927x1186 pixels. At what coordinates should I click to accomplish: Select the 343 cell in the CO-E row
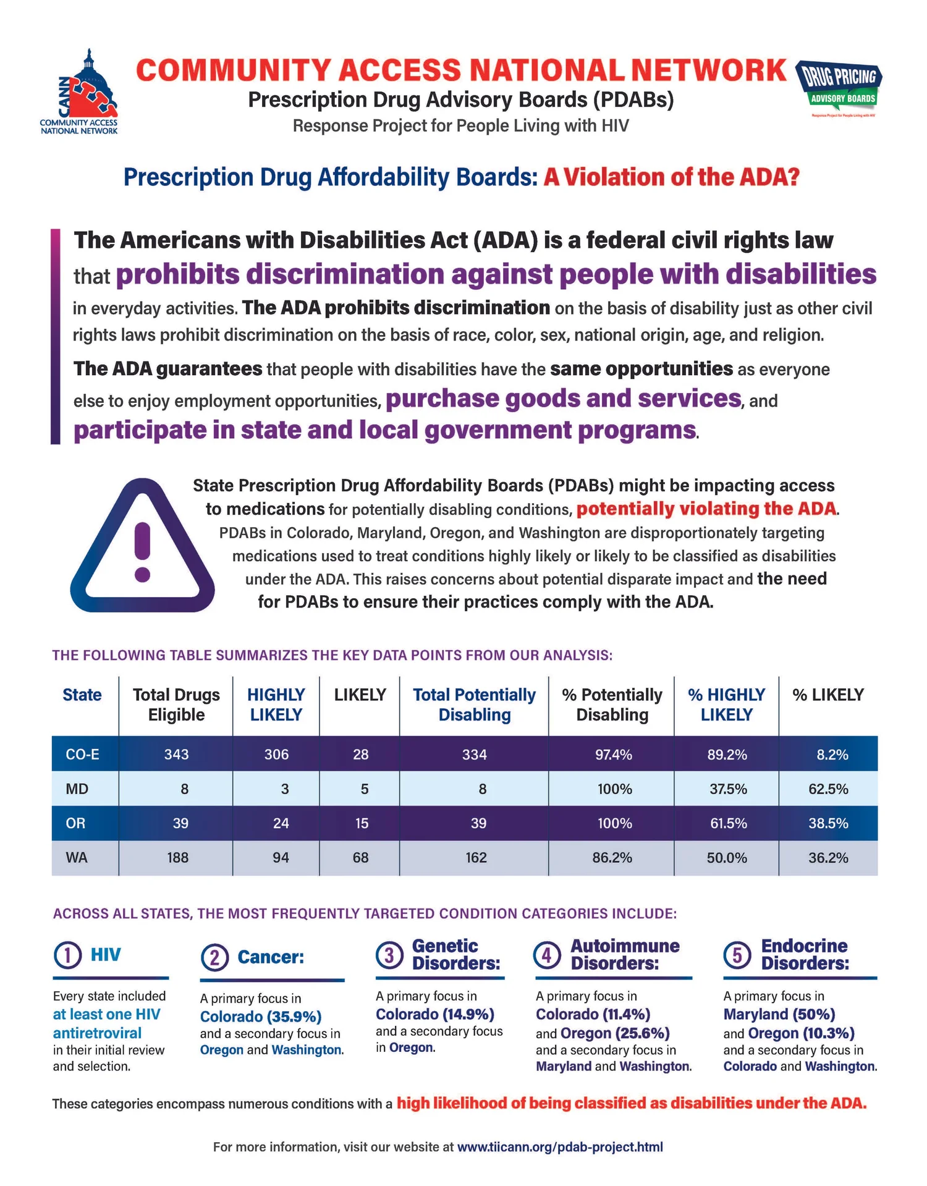point(176,754)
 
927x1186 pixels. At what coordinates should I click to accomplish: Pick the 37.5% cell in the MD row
point(727,789)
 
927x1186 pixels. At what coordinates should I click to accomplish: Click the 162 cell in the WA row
point(476,858)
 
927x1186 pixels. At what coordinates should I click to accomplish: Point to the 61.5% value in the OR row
point(728,823)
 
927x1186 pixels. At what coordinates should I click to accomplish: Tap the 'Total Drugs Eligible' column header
point(176,705)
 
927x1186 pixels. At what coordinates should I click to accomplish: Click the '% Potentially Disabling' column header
point(612,705)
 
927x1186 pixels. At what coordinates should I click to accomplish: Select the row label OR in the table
point(75,823)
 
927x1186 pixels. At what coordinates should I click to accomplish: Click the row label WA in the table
point(77,858)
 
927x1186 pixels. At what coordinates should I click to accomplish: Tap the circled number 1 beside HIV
point(67,955)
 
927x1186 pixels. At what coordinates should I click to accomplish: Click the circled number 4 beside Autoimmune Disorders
point(547,955)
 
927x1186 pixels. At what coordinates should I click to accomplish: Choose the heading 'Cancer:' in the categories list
point(271,957)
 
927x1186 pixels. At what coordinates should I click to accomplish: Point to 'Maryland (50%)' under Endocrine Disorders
point(779,1014)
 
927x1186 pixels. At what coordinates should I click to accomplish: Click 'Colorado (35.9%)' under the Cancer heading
point(261,1017)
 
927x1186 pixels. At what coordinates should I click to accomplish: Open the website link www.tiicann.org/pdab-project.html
point(559,1147)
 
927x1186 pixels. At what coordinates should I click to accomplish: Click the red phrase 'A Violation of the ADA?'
point(671,177)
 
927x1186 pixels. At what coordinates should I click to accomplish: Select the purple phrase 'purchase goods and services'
point(563,399)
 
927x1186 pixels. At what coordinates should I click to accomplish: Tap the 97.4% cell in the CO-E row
point(613,754)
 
